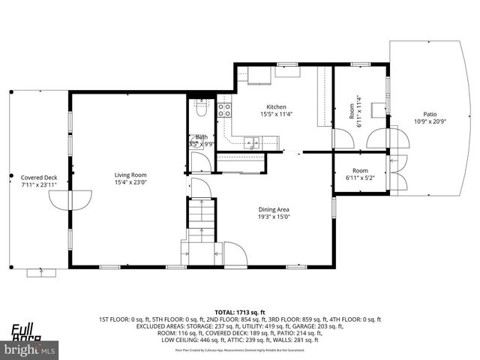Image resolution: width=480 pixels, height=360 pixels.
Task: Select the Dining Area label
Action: (273, 209)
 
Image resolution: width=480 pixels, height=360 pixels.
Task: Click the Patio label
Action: (430, 114)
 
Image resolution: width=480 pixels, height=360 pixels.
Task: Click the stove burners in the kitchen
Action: (224, 112)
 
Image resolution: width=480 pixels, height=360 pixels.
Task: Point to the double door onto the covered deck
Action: (71, 199)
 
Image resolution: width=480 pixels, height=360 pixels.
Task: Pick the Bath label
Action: (201, 136)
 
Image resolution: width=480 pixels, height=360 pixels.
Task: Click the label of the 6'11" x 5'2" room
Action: (360, 170)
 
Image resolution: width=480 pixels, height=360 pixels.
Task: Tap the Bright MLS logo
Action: (30, 349)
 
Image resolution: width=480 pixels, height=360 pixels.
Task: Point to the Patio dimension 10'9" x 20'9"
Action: (430, 121)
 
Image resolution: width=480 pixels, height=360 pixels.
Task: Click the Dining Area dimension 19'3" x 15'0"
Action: (273, 217)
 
